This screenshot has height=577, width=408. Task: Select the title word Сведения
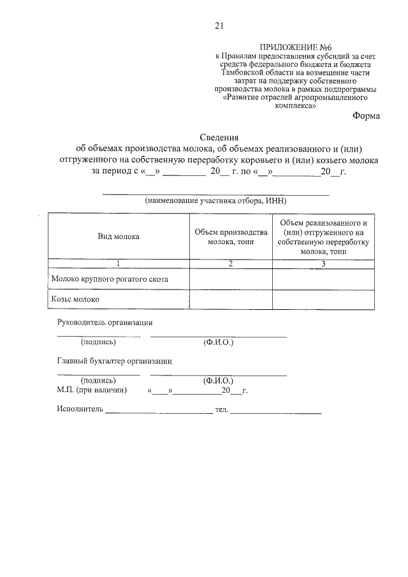coord(219,137)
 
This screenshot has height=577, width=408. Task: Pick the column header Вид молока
coord(118,237)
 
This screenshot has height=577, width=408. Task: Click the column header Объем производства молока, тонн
coord(231,237)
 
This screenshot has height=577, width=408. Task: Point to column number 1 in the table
coord(118,264)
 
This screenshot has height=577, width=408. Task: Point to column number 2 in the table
coord(231,264)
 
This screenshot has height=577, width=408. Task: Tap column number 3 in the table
coord(323,264)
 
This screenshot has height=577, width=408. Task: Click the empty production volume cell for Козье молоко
coord(231,298)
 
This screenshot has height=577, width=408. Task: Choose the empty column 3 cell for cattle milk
coord(323,279)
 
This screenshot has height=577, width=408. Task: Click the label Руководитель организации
coord(105,323)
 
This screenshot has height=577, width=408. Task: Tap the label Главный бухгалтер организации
coord(114,361)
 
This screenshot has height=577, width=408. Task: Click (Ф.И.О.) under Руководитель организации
coord(219,343)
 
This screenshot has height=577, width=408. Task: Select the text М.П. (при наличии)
coord(92,390)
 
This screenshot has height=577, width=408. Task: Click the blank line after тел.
coord(276,411)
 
